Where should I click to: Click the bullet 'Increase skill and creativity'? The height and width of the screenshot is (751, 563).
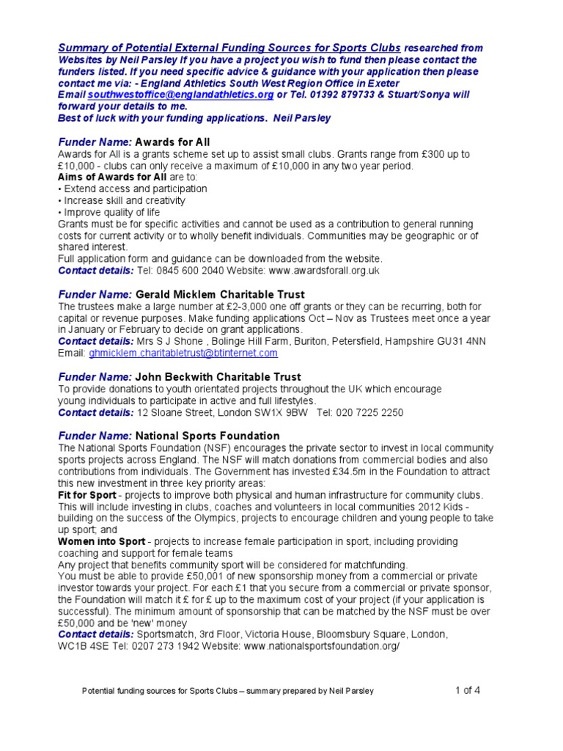pos(123,200)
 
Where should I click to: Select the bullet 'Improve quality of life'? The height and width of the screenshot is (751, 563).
pos(111,212)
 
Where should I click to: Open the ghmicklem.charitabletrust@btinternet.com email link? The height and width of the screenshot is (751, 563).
pos(183,353)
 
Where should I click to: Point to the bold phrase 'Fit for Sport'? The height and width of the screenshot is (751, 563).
pos(87,494)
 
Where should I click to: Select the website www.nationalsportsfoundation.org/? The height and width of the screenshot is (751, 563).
pos(321,647)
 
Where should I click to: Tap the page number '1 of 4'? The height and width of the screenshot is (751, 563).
pos(468,689)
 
